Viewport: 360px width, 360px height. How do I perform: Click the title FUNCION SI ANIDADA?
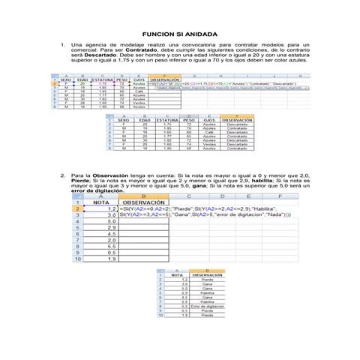(179, 35)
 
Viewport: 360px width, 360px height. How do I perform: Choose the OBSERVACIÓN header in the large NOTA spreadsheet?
(144, 202)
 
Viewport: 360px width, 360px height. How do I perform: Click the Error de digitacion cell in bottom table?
(197, 307)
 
